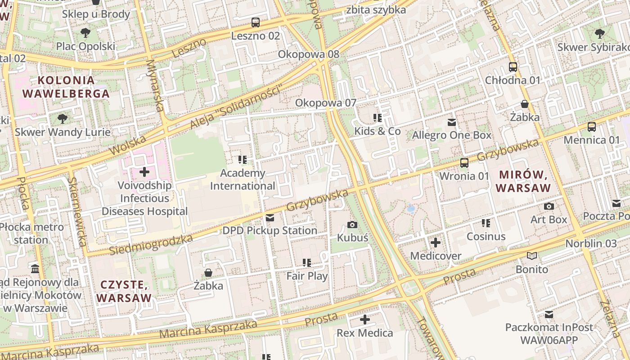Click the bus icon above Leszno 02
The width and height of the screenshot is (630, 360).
(x=256, y=22)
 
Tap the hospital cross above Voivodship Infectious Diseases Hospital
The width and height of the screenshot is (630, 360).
(x=144, y=172)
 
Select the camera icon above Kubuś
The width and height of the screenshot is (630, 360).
(x=352, y=225)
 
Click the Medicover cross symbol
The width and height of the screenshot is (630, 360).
(x=436, y=243)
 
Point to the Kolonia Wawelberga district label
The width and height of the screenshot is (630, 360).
(x=66, y=87)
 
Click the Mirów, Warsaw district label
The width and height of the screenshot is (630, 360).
(x=524, y=181)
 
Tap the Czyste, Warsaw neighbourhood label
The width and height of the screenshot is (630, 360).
(x=124, y=291)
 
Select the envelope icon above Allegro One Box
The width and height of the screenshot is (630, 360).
(x=452, y=122)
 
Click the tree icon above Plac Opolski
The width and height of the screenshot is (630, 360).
(x=85, y=33)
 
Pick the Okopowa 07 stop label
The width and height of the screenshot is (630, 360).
(x=325, y=103)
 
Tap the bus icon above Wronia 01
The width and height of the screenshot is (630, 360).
(x=464, y=163)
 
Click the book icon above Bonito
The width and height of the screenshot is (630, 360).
(x=532, y=256)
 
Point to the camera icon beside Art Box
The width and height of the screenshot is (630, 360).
(x=549, y=207)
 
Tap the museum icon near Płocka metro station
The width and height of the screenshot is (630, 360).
(x=35, y=269)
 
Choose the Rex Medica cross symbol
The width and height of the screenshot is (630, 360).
(x=365, y=320)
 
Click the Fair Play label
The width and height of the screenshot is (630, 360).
(x=307, y=276)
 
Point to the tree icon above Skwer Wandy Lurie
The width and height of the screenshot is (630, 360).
(x=63, y=119)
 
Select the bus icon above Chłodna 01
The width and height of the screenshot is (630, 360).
(x=513, y=67)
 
